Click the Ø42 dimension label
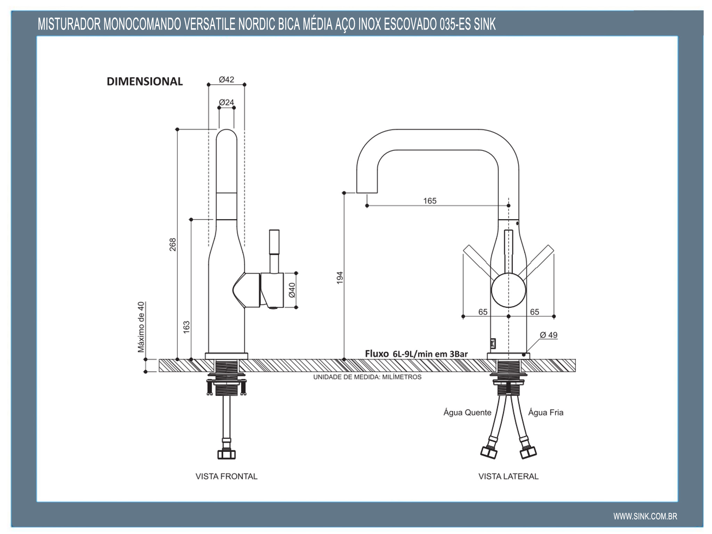[226, 80]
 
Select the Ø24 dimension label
[226, 103]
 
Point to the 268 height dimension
[173, 244]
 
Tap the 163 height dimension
[187, 327]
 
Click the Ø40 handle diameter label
[292, 290]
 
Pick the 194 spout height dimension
[340, 277]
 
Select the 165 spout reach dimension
[430, 201]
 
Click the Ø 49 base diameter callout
[548, 335]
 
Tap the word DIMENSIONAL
[145, 82]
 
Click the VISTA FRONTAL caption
[226, 476]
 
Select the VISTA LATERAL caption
[508, 476]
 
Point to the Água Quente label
[467, 413]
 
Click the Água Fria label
[545, 413]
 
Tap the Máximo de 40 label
[141, 327]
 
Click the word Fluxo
[377, 354]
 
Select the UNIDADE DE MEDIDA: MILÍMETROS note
[367, 377]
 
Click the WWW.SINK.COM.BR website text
[645, 516]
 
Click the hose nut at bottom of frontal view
[226, 454]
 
